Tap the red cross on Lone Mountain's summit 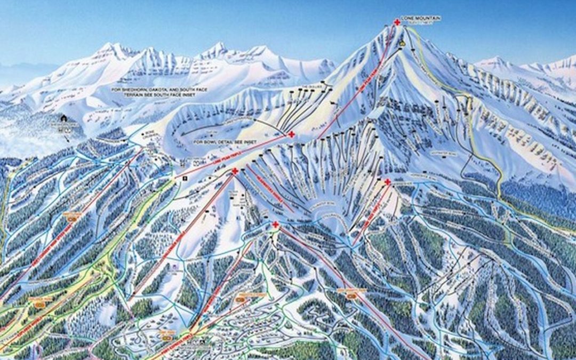point(397,22)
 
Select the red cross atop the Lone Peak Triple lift point(291,134)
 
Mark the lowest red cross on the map point(275,225)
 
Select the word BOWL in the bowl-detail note point(211,142)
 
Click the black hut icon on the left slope point(64,118)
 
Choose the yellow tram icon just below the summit point(403,43)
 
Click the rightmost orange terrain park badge point(351,295)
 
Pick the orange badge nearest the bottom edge point(167,337)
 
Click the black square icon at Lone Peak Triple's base point(185,178)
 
